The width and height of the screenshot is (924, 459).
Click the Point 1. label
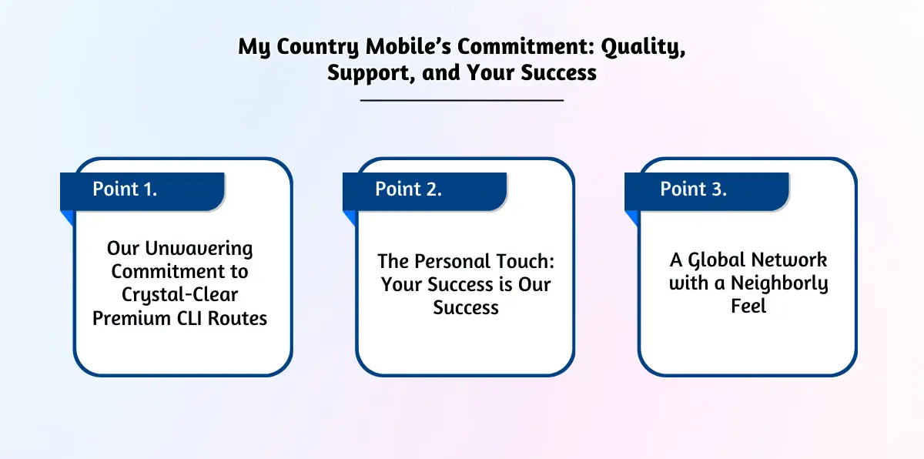tap(125, 189)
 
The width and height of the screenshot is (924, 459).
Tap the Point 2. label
tap(408, 189)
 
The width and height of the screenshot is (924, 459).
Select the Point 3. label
tap(693, 189)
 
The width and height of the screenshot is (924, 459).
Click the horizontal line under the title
tap(462, 100)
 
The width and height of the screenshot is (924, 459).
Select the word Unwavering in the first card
tap(199, 249)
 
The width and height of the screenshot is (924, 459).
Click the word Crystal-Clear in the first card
tap(179, 295)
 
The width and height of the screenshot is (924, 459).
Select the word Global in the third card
tap(718, 260)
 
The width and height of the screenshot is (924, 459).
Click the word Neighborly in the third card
tap(779, 283)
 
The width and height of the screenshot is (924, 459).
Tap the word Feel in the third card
tap(748, 307)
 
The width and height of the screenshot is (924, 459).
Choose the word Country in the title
tap(316, 46)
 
